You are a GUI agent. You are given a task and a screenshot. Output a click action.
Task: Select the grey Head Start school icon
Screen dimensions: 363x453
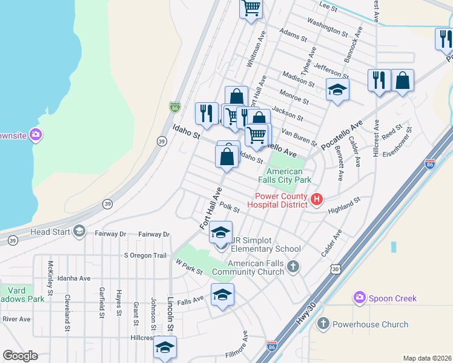[x=79, y=231]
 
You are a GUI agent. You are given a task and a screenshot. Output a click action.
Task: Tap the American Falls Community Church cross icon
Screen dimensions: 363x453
[x=293, y=267]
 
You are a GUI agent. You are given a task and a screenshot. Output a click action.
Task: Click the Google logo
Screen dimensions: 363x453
[x=20, y=356]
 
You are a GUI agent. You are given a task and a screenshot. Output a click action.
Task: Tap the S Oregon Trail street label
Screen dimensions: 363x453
[x=145, y=255]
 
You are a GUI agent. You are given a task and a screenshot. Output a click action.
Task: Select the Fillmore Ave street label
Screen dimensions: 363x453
[x=245, y=345]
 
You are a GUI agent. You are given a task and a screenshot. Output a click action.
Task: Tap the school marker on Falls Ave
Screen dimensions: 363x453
[x=222, y=295]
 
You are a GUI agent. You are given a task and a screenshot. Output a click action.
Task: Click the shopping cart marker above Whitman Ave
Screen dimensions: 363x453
[x=251, y=8]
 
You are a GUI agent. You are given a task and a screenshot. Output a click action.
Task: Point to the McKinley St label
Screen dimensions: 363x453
[x=51, y=276]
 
